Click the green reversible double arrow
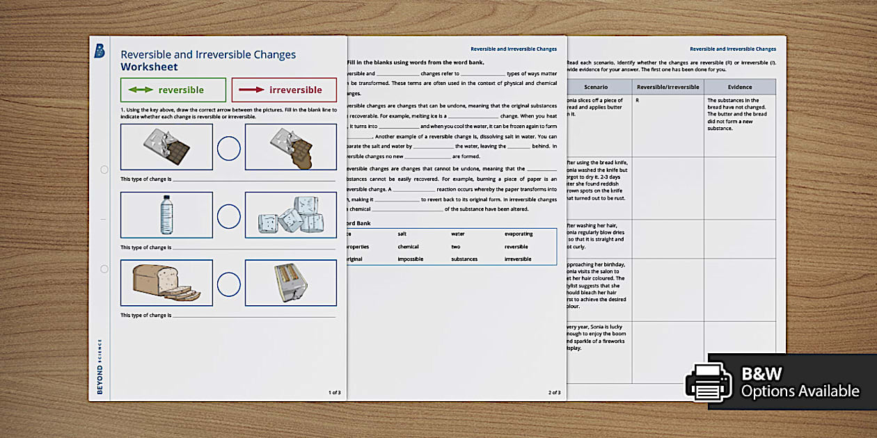[x=141, y=90]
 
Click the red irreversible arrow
[x=251, y=90]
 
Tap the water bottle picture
[x=166, y=214]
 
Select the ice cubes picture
[x=291, y=214]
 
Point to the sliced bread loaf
[x=166, y=282]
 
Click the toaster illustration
[x=291, y=282]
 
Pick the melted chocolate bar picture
[x=291, y=147]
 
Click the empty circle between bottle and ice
[x=228, y=216]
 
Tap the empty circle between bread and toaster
[x=228, y=284]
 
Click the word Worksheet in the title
[x=149, y=67]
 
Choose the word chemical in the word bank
[x=409, y=247]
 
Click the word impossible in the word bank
[x=411, y=259]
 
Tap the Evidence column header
[x=740, y=87]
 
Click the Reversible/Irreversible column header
[x=667, y=87]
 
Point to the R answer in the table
[x=638, y=101]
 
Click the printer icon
[x=709, y=382]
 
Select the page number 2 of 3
[x=554, y=393]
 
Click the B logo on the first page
[x=100, y=51]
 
